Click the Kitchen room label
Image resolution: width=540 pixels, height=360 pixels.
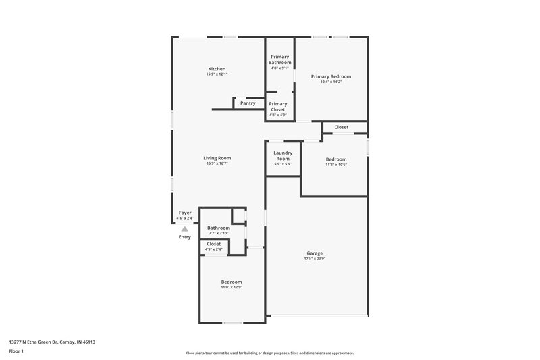pos(217,69)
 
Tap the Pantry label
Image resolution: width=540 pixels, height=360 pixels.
pos(248,103)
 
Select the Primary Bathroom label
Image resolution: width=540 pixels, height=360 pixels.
pos(279,59)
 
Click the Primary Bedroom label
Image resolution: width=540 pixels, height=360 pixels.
pos(331,76)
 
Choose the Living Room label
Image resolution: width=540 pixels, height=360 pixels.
pos(217,158)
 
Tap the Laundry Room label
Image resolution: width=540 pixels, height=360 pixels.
pos(283,155)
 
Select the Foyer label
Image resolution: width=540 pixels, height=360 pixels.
pos(185,213)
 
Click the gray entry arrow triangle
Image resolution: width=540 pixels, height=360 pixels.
pos(184,229)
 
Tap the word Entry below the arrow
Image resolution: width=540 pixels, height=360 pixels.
pos(184,237)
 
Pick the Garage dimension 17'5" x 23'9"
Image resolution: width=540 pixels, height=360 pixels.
pos(315,259)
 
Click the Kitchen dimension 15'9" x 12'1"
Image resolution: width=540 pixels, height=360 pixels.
pos(217,74)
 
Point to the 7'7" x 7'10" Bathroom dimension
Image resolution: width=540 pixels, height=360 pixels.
pos(218,233)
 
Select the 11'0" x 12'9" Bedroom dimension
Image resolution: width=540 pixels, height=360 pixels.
pos(232,287)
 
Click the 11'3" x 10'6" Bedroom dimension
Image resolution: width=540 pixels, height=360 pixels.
pos(335,164)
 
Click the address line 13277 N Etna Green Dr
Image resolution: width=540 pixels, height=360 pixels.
pos(52,342)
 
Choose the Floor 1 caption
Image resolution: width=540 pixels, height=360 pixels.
pos(17,351)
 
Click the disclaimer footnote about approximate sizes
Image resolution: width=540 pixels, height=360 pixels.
pos(269,353)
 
